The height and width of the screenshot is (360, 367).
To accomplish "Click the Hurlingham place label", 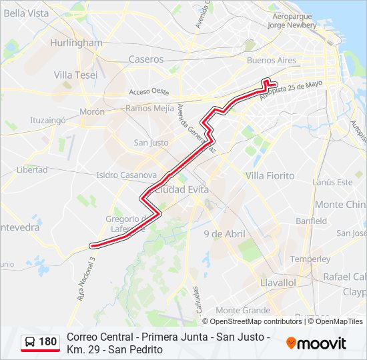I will [x=76, y=43].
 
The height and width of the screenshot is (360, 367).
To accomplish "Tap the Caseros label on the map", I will [x=145, y=59].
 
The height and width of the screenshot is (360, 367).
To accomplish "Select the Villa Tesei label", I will [x=75, y=75].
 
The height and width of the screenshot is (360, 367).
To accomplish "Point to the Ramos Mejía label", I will [x=149, y=107].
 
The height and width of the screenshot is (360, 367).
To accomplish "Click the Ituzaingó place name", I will [x=47, y=121].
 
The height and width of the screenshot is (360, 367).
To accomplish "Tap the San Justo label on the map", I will [x=151, y=143].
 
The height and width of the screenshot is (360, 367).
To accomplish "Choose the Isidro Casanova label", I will [x=126, y=175].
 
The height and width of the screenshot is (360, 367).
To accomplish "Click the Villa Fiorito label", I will [x=270, y=175].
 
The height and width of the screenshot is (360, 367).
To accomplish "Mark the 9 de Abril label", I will [x=225, y=234].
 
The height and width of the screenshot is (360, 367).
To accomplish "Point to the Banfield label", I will [x=312, y=221].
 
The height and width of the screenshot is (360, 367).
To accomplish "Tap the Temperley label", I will [x=310, y=259].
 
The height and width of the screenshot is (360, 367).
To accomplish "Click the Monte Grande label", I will [x=243, y=310].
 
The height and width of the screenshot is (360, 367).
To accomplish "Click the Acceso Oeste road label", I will [x=149, y=91].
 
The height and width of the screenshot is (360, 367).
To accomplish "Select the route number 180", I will [x=48, y=342].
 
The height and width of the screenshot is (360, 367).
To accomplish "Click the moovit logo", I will [x=316, y=343].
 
